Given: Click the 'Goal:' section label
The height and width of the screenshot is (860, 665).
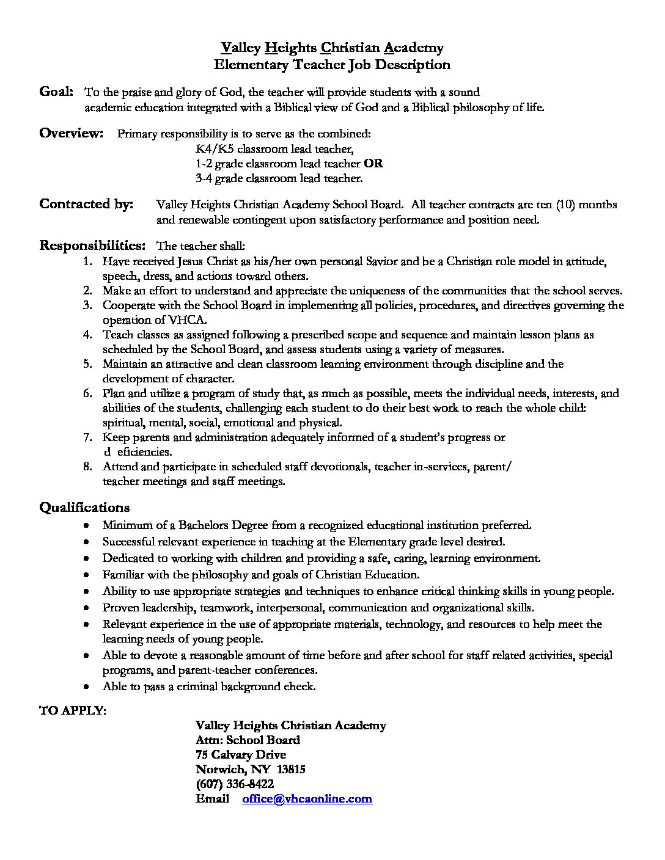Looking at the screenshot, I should point(56,92).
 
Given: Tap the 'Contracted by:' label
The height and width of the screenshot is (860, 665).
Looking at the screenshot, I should point(86,205).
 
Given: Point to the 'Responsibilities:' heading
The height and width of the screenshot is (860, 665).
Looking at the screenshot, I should point(92,246).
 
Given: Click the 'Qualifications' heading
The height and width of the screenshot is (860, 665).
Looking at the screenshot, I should point(84,508).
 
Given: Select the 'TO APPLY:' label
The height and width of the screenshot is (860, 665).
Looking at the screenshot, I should point(72,710).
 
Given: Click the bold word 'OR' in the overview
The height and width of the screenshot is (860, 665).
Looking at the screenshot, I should point(373,164).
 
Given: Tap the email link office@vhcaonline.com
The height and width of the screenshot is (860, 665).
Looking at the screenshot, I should point(307,799).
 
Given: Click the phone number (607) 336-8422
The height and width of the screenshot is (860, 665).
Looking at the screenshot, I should point(235,784).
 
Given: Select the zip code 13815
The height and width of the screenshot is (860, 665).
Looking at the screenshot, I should point(292,770).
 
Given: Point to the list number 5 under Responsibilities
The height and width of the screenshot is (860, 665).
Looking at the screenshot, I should point(88,364).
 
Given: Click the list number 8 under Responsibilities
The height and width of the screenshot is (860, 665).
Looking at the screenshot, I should point(88,467).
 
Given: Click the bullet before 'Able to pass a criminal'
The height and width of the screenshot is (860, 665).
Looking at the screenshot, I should point(89,687).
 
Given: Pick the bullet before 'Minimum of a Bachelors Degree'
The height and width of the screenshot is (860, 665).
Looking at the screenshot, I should point(89,525).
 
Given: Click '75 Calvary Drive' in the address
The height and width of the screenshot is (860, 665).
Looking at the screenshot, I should point(241,755).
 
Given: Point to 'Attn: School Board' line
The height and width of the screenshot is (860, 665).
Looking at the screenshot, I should point(248,740).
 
